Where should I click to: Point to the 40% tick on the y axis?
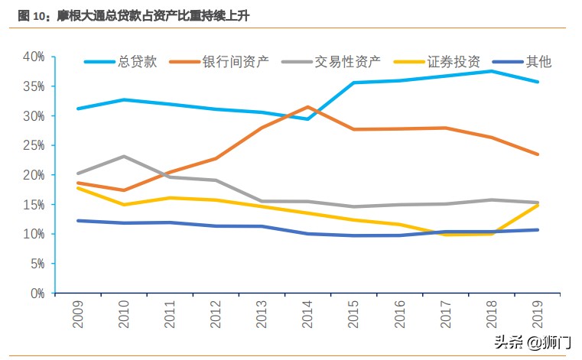click(x=34, y=57)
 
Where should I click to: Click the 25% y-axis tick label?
click(x=34, y=145)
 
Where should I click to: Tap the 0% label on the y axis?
click(x=37, y=293)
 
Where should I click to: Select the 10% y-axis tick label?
click(x=34, y=234)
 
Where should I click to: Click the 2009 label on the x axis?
click(x=78, y=314)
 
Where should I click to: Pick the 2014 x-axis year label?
click(x=307, y=314)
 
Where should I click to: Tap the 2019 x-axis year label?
click(x=537, y=314)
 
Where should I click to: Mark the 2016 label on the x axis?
click(x=399, y=314)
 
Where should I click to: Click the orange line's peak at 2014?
click(x=307, y=107)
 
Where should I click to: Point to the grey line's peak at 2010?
click(x=124, y=156)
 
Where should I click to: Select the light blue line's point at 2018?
click(x=491, y=71)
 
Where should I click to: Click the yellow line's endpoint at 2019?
click(x=537, y=205)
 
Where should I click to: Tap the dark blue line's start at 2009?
click(x=78, y=220)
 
